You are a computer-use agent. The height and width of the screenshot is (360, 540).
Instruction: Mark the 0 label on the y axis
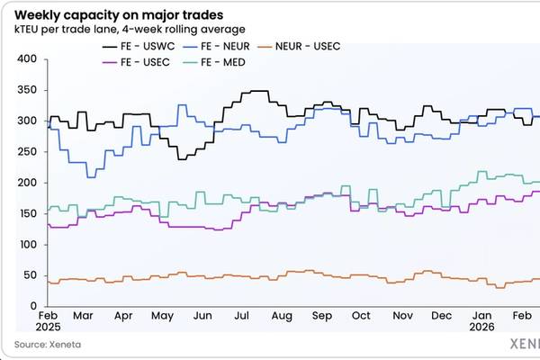pos(31,306)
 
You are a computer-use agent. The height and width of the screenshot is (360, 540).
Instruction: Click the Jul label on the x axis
pos(242,318)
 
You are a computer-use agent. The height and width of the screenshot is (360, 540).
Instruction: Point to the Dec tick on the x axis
pos(442,318)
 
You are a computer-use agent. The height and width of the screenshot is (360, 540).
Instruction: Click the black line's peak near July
pos(258,91)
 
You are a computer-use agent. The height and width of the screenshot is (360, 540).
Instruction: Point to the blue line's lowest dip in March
pos(90,177)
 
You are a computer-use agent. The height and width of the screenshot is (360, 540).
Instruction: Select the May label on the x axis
pos(162,318)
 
